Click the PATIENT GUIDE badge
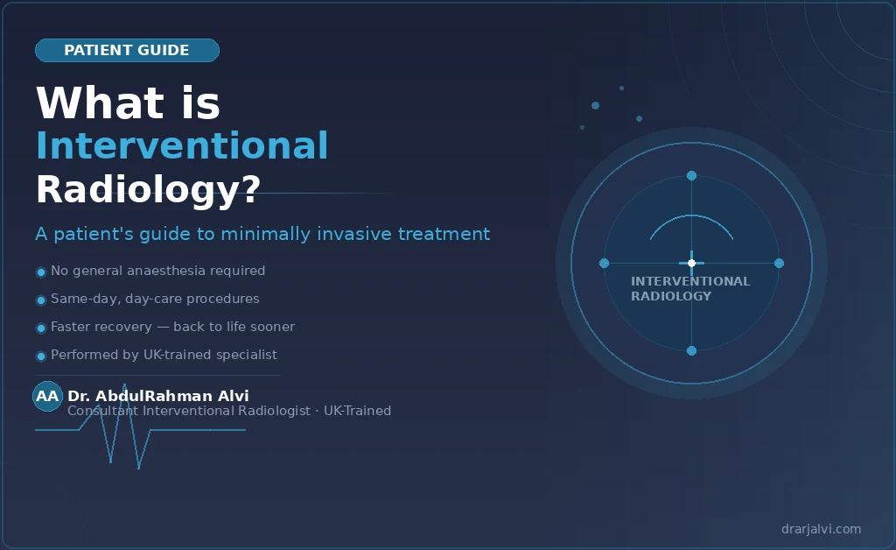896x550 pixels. pos(127,51)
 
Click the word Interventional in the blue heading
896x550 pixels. pos(182,145)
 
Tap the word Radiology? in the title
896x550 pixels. pos(148,189)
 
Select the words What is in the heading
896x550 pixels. pos(128,103)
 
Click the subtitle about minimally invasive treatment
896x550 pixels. pos(262,234)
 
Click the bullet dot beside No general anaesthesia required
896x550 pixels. pos(40,271)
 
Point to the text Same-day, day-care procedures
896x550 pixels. pos(155,299)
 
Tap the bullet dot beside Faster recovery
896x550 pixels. pos(40,328)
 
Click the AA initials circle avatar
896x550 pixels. pos(47,396)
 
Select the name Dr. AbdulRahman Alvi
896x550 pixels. pos(158,396)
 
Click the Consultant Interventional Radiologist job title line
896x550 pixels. pos(229,411)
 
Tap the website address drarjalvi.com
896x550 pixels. pos(821,529)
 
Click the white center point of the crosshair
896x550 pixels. pos(691,263)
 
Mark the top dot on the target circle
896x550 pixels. pos(691,175)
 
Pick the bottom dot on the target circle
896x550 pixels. pos(691,350)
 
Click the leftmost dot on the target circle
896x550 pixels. pos(604,263)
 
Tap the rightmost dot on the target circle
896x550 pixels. pos(779,263)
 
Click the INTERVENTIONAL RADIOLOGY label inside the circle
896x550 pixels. pos(689,288)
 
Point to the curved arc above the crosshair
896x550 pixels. pos(691,216)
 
